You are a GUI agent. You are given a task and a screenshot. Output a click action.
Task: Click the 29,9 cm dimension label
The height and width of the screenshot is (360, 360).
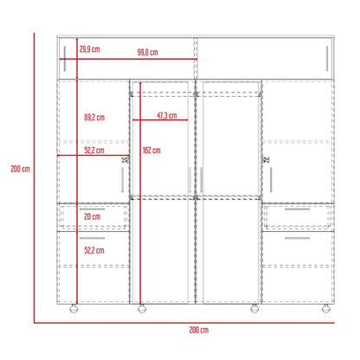pyautogui.click(x=90, y=49)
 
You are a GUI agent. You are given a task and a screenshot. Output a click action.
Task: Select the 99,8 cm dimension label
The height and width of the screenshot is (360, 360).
pyautogui.click(x=148, y=52)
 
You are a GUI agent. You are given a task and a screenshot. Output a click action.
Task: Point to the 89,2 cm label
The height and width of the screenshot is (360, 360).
pyautogui.click(x=94, y=118)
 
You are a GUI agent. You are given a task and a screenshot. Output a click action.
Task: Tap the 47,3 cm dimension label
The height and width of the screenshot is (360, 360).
pyautogui.click(x=167, y=116)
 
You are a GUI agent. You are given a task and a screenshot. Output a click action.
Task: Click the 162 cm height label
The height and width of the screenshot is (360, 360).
pyautogui.click(x=151, y=151)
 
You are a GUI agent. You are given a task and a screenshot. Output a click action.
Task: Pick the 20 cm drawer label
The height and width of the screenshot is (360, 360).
pyautogui.click(x=93, y=216)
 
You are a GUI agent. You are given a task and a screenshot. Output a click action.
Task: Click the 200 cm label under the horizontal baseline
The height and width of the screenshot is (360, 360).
pyautogui.click(x=199, y=330)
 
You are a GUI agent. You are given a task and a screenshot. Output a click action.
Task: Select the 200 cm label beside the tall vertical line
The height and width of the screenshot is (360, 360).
pyautogui.click(x=21, y=169)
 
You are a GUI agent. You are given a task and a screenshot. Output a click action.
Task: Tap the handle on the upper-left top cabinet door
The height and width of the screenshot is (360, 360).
pyautogui.click(x=65, y=59)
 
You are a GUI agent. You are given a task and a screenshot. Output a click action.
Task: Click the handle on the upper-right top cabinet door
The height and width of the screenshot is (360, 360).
pyautogui.click(x=327, y=59)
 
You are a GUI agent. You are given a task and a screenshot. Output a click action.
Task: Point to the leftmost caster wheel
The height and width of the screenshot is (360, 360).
pyautogui.click(x=74, y=309)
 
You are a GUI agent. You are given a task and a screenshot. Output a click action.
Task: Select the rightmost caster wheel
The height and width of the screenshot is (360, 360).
pyautogui.click(x=326, y=309)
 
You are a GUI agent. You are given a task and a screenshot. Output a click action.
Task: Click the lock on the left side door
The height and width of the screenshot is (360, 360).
pyautogui.click(x=125, y=159)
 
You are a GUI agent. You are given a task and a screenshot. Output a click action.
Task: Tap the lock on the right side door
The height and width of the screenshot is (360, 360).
pyautogui.click(x=266, y=159)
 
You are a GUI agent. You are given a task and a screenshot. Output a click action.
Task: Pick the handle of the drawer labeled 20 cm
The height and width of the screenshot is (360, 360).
pyautogui.click(x=92, y=209)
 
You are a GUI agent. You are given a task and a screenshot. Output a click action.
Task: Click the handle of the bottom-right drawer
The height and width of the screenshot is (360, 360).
pyautogui.click(x=297, y=238)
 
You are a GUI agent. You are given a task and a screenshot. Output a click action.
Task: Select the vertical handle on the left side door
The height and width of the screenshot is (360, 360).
pyautogui.click(x=122, y=180)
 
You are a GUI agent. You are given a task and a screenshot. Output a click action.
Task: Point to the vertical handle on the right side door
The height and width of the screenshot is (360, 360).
pyautogui.click(x=271, y=180)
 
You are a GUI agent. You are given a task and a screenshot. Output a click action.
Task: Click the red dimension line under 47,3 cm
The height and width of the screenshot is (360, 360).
pyautogui.click(x=160, y=119)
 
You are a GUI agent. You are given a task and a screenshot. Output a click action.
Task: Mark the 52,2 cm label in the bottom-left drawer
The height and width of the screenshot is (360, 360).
pyautogui.click(x=94, y=250)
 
